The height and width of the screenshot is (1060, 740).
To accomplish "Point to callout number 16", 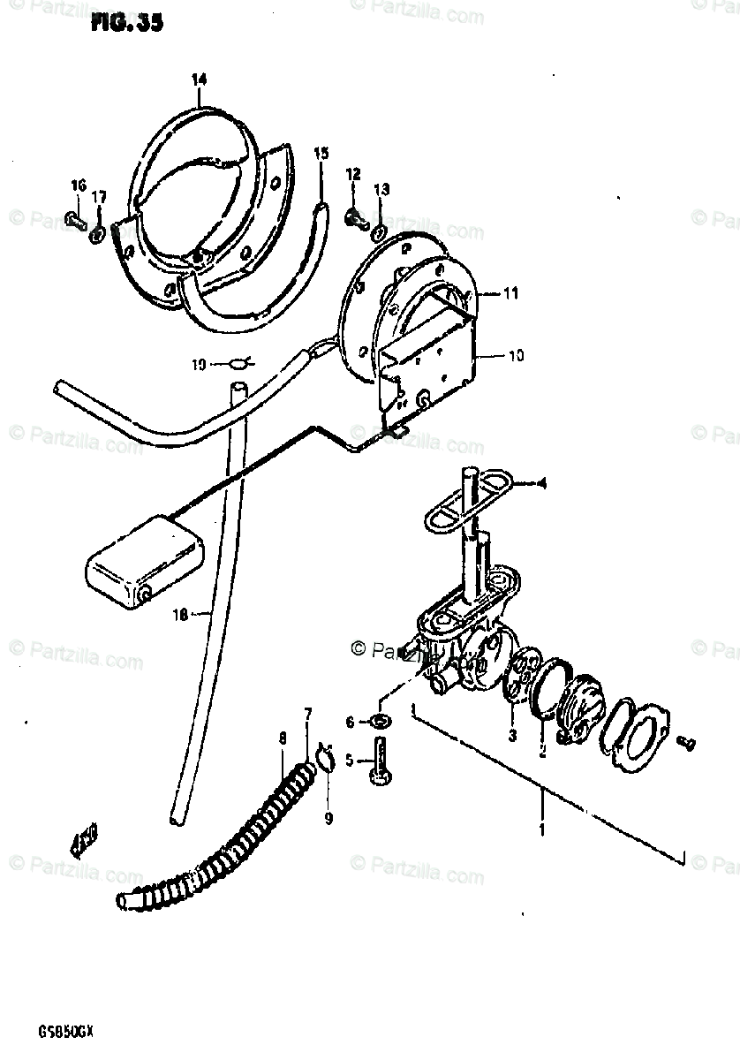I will coord(78,184).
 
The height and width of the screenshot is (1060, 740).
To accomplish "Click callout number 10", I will coord(515,356).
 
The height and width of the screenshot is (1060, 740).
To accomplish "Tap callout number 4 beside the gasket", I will coord(540,483).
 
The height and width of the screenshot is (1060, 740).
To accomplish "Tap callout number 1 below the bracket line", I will coord(541,829).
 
